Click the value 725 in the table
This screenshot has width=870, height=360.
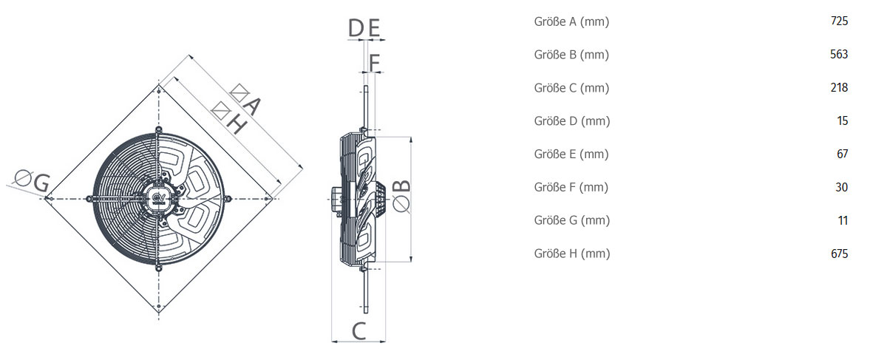(839, 21)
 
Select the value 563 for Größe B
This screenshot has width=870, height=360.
(839, 55)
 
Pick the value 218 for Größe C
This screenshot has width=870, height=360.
(839, 88)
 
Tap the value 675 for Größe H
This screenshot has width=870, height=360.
(839, 254)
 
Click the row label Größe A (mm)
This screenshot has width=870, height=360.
(571, 21)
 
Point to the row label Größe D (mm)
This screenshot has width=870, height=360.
(571, 121)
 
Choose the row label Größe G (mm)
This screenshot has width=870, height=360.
(571, 220)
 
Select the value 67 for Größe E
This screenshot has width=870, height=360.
(842, 154)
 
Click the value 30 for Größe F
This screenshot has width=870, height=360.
(842, 187)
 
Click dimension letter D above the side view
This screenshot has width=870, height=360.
(356, 30)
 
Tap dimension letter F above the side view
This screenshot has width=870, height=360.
(374, 63)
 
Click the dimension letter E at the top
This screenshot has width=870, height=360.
(374, 30)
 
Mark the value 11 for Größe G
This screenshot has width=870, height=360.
(842, 220)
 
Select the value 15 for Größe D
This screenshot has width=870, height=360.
(842, 121)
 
